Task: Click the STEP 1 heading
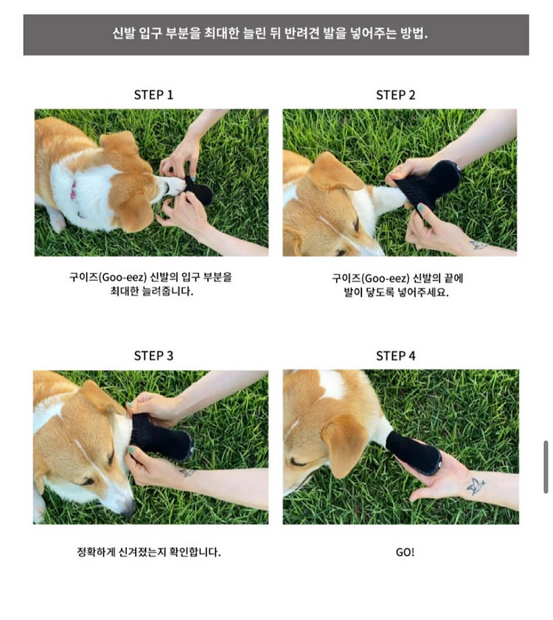pos(153,95)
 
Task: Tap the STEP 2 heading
pos(395,95)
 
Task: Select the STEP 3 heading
pos(153,356)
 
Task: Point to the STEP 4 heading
pos(395,356)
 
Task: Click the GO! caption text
pos(405,552)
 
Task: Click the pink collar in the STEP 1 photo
pos(74,190)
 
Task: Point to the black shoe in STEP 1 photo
pos(200,192)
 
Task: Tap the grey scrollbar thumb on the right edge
pos(546,467)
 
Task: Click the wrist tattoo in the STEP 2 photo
pos(478,245)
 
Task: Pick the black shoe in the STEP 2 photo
pos(429,184)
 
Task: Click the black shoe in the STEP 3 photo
pos(161,436)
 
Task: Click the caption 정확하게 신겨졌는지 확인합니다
pos(149,551)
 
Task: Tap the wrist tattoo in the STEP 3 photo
pos(187,472)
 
